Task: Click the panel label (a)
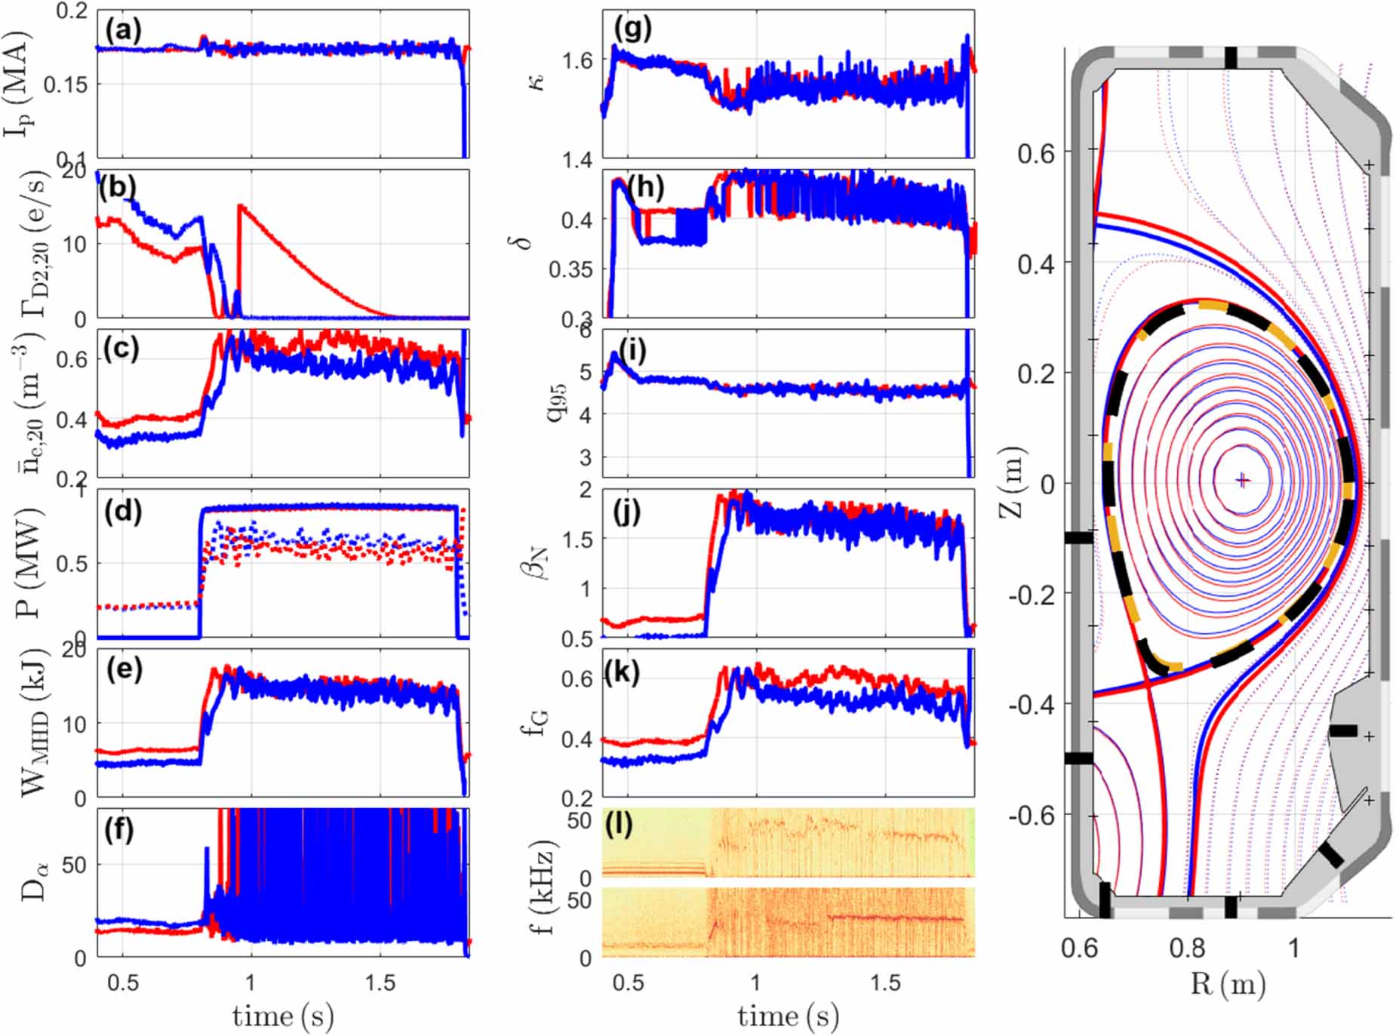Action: tap(123, 30)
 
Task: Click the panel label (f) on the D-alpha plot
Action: tap(120, 829)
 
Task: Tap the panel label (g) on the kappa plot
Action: tap(632, 28)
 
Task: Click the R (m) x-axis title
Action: tap(1228, 984)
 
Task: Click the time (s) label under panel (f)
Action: tap(282, 1016)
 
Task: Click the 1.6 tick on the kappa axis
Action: tap(577, 60)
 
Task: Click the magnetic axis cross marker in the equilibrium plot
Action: tap(1242, 480)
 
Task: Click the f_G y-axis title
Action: tap(537, 723)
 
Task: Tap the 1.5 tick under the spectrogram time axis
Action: tap(885, 982)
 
